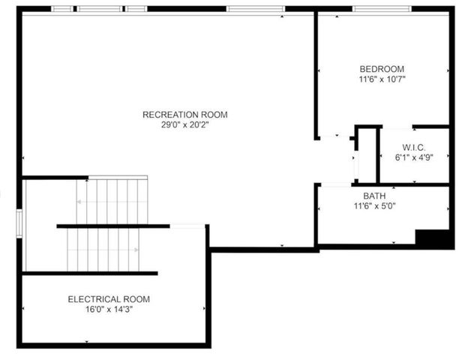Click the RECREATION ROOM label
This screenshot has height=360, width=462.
[x=184, y=115]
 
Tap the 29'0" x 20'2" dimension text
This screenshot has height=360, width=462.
[x=184, y=125]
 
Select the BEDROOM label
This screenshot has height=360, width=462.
[x=382, y=68]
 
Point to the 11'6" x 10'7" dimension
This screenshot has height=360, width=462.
[x=382, y=79]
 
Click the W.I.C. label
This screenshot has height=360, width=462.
[x=415, y=147]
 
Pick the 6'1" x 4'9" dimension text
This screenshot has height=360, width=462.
[x=415, y=157]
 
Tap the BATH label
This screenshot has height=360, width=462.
[x=375, y=196]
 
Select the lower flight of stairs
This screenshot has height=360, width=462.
[x=105, y=249]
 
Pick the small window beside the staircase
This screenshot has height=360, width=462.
[x=19, y=222]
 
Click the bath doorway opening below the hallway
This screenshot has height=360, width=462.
[x=336, y=184]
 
